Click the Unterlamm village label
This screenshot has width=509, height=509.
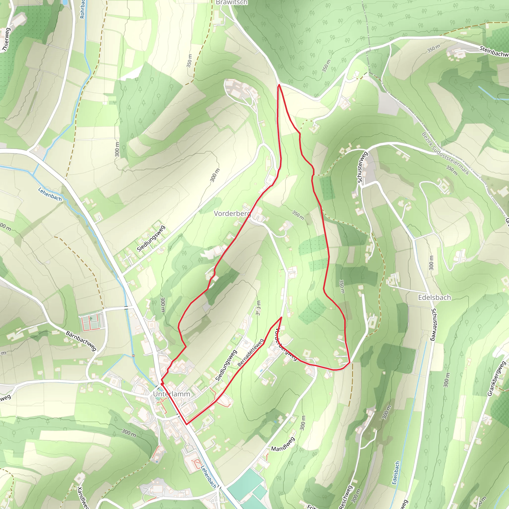(171, 394)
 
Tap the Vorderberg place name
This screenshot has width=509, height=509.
(232, 213)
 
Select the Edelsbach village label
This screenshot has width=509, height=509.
(434, 297)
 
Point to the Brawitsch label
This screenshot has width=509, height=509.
(232, 2)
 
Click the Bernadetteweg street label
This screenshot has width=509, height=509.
(251, 353)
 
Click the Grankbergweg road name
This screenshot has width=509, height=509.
(497, 379)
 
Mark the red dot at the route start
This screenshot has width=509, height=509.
(162, 384)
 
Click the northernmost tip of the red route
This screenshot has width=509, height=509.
(279, 85)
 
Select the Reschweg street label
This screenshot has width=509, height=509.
(345, 497)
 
